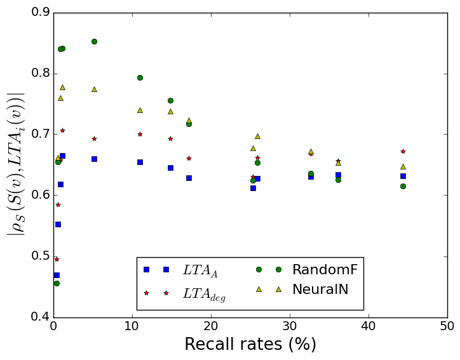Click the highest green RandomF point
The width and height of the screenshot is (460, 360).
tap(94, 41)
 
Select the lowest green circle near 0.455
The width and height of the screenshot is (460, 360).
tap(57, 283)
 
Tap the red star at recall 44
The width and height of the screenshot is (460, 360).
tap(403, 151)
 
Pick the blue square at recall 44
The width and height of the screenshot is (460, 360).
tap(403, 176)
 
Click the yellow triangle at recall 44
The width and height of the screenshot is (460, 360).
tap(403, 166)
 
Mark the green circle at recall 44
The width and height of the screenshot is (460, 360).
tap(403, 186)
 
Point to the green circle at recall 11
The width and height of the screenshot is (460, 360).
tap(140, 77)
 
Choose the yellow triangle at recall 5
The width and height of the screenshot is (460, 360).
tap(94, 89)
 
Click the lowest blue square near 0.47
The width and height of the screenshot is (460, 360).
tap(57, 275)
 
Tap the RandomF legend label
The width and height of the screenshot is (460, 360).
tap(325, 270)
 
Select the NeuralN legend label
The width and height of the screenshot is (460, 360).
tap(320, 290)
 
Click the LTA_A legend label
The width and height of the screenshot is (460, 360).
tap(200, 270)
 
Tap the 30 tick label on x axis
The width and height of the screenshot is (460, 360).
tap(290, 326)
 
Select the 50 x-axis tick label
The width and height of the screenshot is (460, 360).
tap(447, 326)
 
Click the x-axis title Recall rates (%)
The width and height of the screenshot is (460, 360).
tap(250, 345)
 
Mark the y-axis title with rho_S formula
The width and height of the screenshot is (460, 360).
tap(16, 164)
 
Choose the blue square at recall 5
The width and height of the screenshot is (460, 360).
tap(94, 159)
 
